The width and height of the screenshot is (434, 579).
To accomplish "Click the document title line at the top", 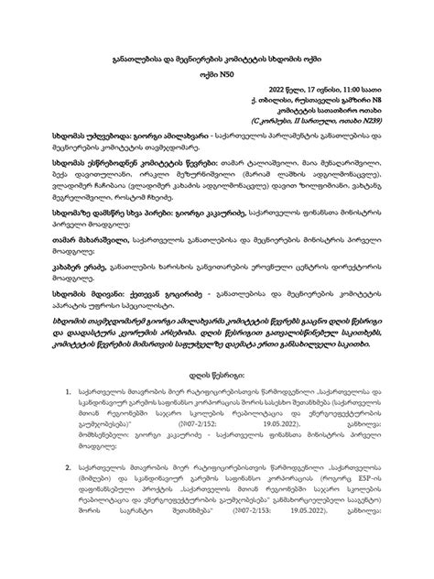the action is point(217,59).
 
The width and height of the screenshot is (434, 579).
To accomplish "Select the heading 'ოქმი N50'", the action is point(217,79).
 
